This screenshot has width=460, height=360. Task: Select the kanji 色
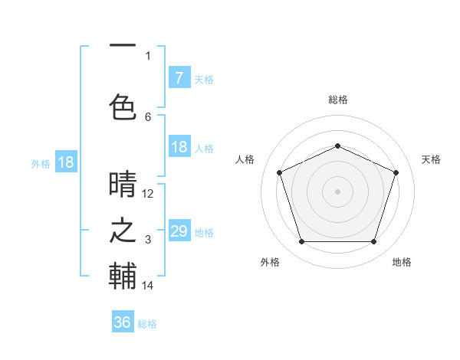tap(123, 106)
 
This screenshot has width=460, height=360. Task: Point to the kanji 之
tap(123, 231)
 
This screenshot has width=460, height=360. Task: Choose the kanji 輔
tap(123, 276)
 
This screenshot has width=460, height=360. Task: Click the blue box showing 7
tap(179, 77)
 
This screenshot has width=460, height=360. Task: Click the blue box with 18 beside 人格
tap(179, 147)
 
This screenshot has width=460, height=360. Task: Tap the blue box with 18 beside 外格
tap(66, 162)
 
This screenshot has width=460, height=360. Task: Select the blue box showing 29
tap(179, 231)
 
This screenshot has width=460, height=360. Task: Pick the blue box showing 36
tap(122, 322)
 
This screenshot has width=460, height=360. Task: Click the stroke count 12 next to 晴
tap(148, 194)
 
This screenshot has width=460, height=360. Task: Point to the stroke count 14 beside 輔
tap(148, 286)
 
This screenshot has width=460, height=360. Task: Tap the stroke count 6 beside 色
tap(148, 116)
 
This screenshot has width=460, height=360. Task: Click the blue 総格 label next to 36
tap(147, 324)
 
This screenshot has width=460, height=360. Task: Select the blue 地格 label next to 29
tap(204, 233)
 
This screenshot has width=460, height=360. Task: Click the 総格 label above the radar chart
tap(338, 100)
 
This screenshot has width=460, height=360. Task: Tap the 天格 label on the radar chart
tap(432, 159)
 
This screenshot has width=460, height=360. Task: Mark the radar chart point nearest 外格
tap(301, 242)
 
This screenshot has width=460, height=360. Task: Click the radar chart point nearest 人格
tap(279, 172)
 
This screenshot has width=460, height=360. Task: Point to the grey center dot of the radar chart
tap(338, 191)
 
